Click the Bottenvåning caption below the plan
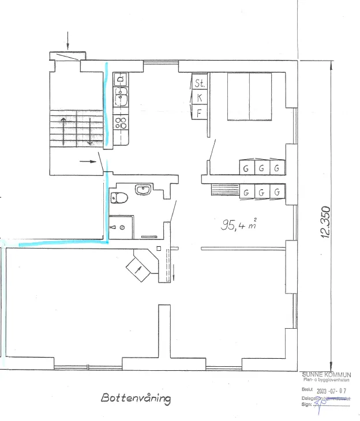point(136,398)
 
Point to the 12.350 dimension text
point(325,222)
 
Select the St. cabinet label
point(200,84)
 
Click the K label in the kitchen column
point(200,97)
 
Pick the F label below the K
point(200,112)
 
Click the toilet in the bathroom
point(119,198)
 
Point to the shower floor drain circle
point(122,228)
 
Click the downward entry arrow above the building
point(68,40)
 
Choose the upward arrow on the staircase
point(63,127)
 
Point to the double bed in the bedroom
point(249,96)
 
